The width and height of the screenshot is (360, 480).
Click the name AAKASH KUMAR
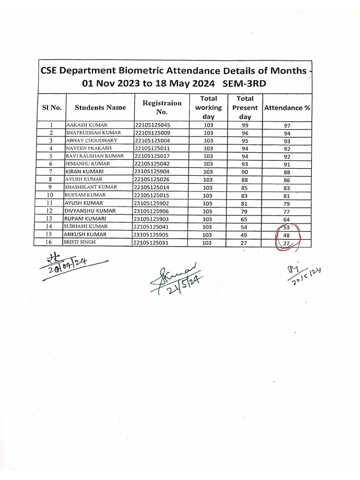(x=87, y=125)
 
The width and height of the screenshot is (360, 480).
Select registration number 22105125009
(x=152, y=133)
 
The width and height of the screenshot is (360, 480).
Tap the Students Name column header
(x=100, y=107)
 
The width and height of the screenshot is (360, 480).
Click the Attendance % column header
(x=287, y=107)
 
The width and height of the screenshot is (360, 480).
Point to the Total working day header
(x=208, y=107)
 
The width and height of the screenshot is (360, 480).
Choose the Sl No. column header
(x=52, y=107)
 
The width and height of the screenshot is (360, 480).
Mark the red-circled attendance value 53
(x=287, y=227)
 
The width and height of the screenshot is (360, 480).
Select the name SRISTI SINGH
(x=80, y=242)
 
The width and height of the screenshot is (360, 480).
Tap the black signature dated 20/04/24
(x=70, y=267)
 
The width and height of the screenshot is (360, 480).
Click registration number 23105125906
(x=152, y=211)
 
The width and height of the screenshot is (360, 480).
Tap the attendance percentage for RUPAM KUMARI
(x=287, y=219)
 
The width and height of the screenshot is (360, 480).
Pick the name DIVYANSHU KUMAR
(x=90, y=211)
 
